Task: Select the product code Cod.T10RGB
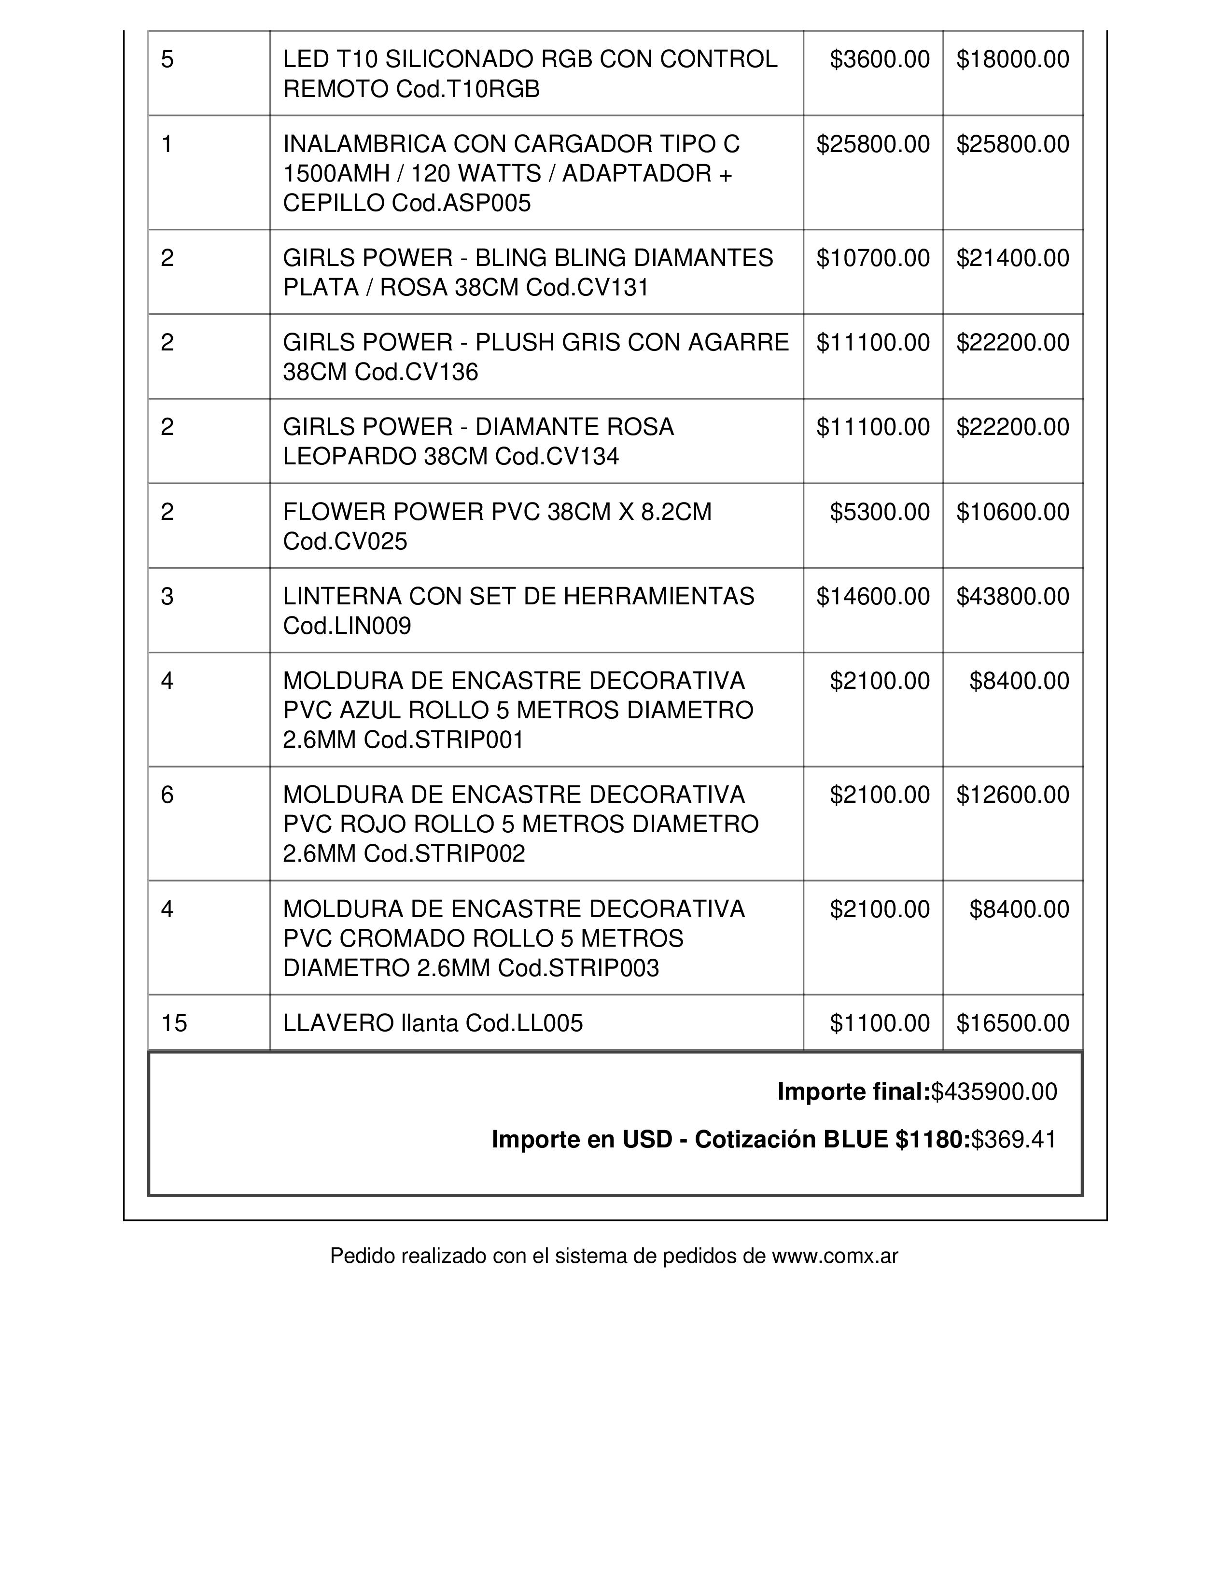(x=467, y=89)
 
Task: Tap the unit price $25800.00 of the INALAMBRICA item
(x=873, y=144)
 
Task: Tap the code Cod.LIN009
(x=347, y=626)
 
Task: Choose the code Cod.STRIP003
(x=578, y=968)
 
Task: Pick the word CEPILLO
(x=334, y=203)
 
